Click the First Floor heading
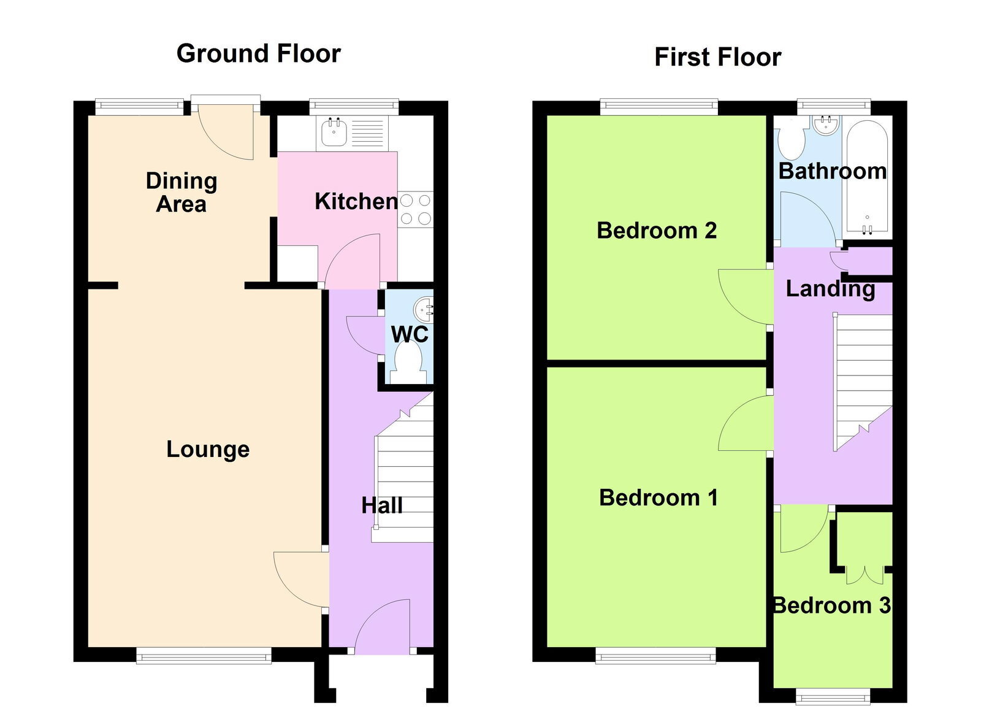tap(718, 58)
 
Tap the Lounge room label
tap(208, 450)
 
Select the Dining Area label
tap(181, 192)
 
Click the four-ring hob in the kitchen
tap(416, 209)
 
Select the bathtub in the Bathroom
tap(867, 177)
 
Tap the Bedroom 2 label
tap(657, 231)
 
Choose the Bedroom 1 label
tap(658, 497)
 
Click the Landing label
tap(830, 289)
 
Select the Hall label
tap(382, 506)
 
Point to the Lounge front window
tap(204, 656)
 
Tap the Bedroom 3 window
tap(833, 696)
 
